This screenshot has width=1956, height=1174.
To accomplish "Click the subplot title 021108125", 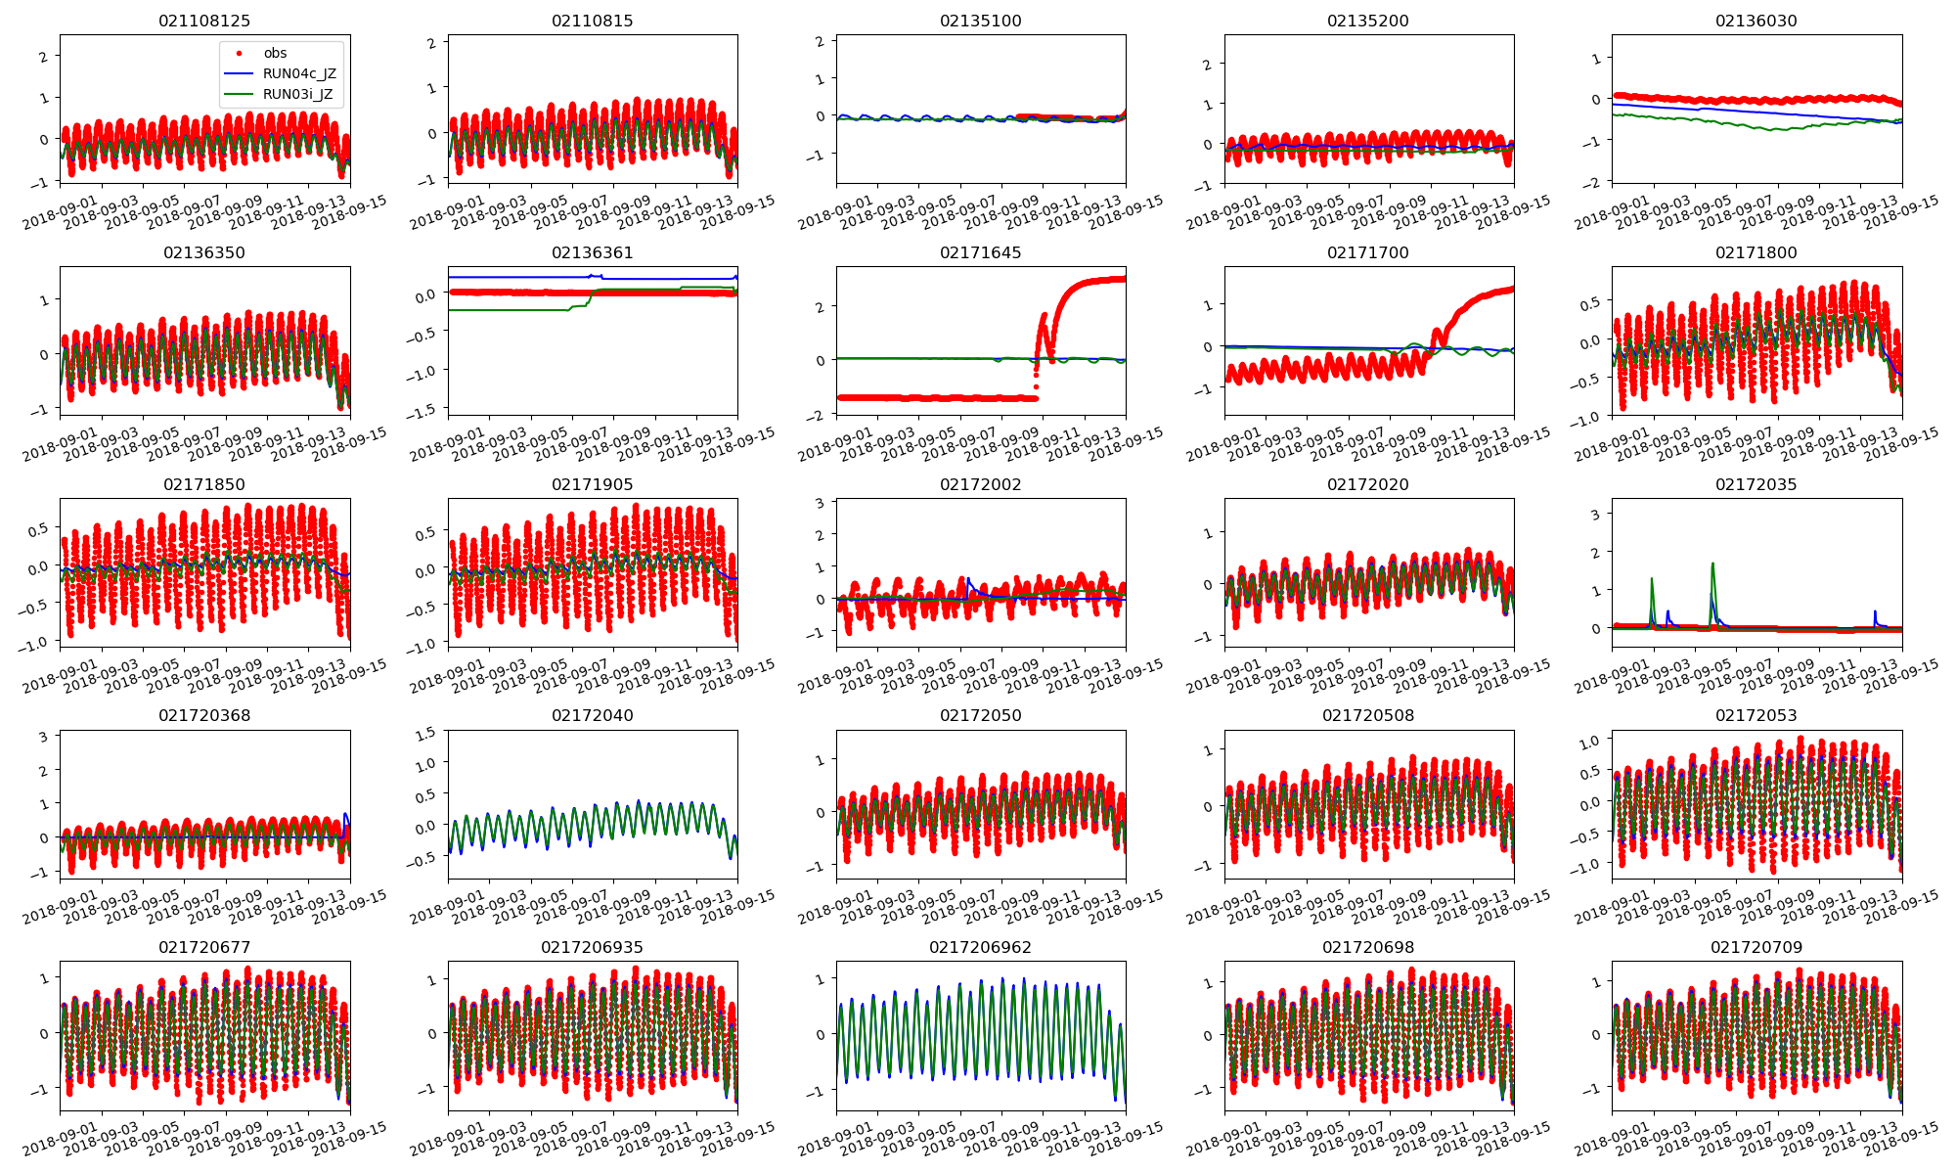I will (x=204, y=21).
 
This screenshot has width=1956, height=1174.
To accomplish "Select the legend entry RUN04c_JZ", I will (x=299, y=74).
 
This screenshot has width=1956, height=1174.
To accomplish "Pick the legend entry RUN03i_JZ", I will (x=298, y=95).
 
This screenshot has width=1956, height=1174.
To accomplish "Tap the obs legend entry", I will (x=275, y=53).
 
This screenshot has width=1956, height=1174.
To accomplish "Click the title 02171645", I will (x=980, y=252).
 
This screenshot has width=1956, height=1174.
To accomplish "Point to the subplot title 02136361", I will (x=592, y=252).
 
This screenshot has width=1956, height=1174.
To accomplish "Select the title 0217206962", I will (x=980, y=947).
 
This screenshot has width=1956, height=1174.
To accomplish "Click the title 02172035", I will (x=1756, y=484).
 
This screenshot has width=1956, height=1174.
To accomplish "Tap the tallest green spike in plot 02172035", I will (x=1712, y=564).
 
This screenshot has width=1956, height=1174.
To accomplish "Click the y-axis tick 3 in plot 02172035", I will (x=1595, y=515).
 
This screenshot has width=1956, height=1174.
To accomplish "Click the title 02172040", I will (x=592, y=715).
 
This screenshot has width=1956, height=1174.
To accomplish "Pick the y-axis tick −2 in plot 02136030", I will (x=1594, y=183).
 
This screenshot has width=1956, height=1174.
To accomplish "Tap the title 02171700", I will (x=1367, y=252).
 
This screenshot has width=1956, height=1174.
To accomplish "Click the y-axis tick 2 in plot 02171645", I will (x=820, y=307).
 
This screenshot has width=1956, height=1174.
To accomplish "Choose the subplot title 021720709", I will (x=1756, y=947).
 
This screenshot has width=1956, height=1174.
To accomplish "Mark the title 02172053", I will (x=1756, y=715).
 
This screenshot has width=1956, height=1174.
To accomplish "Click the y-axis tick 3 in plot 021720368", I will (x=43, y=737).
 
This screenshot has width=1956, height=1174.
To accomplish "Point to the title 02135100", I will (x=980, y=21).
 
